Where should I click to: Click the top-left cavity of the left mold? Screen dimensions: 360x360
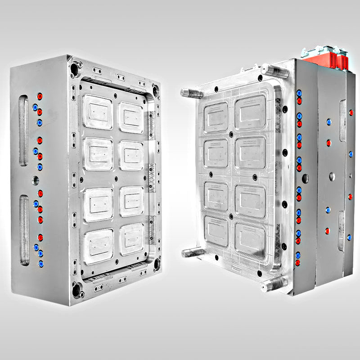(x=98, y=112)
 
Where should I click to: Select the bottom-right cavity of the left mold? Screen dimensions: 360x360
(x=131, y=239)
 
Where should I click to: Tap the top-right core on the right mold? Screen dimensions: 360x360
(x=250, y=112)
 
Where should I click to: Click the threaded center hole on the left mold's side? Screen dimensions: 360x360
(x=36, y=180)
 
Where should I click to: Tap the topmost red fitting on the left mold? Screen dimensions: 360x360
(x=40, y=96)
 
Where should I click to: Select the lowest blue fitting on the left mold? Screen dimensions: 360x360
(x=40, y=263)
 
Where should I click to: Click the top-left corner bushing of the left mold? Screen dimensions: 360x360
(x=75, y=68)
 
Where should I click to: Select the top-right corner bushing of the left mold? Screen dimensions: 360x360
(x=156, y=90)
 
